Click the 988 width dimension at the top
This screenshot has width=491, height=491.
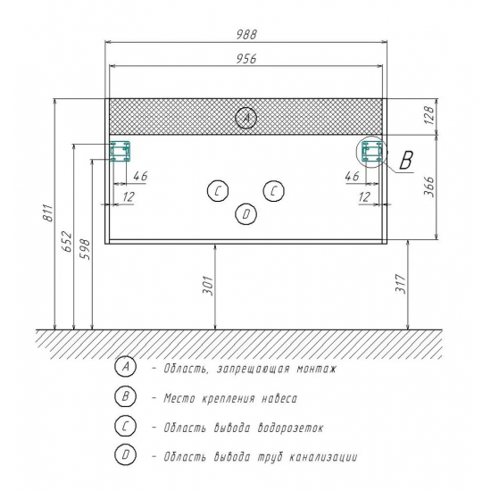(x=246, y=34)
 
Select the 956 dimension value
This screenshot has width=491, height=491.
(x=246, y=59)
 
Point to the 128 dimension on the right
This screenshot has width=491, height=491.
(x=429, y=115)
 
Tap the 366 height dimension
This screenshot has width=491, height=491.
(x=429, y=187)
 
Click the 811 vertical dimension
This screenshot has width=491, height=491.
(x=48, y=213)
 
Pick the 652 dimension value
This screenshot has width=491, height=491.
(x=67, y=242)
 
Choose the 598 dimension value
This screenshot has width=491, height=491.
(x=85, y=249)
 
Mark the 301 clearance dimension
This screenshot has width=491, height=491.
(x=208, y=286)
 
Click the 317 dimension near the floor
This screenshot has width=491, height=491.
(x=401, y=284)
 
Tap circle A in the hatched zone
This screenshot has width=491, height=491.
(x=246, y=118)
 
